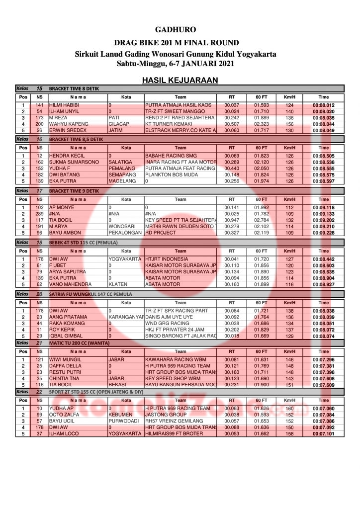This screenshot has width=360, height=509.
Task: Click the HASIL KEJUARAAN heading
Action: click(x=180, y=80)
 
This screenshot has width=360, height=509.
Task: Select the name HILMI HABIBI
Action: click(x=64, y=105)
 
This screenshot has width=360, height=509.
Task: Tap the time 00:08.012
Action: click(x=323, y=105)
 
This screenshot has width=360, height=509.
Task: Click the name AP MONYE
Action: click(x=62, y=207)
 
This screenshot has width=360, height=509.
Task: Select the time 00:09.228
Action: click(x=323, y=232)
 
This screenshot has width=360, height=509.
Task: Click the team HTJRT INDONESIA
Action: click(x=166, y=259)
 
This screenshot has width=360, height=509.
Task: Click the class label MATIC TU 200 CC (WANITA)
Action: click(x=81, y=343)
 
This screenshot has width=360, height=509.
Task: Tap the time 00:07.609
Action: click(x=323, y=385)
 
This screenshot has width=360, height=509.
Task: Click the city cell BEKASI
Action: click(x=118, y=385)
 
